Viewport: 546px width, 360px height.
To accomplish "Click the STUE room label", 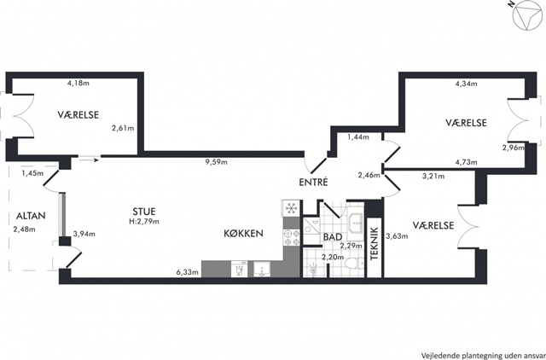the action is tap(144, 212).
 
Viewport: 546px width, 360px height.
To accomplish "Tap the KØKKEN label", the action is tap(243, 233).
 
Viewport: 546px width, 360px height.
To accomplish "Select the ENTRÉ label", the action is tap(313, 182).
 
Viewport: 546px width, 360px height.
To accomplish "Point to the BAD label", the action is tap(333, 237).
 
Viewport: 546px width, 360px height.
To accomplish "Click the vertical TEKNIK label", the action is tap(375, 244).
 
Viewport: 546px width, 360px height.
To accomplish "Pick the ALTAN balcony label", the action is tap(31, 216).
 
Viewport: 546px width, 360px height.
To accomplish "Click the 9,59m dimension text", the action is tap(216, 162).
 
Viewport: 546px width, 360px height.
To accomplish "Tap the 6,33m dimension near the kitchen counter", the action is tap(188, 272).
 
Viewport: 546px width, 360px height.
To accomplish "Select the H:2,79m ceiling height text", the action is tap(144, 221).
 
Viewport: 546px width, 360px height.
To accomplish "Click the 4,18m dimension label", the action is tap(78, 83).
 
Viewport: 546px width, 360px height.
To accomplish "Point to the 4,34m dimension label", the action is tap(467, 84).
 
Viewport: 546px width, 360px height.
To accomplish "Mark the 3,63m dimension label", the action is tap(397, 236).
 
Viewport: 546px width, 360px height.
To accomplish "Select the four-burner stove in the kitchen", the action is tap(292, 237).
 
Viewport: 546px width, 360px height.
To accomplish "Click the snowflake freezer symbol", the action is tap(291, 208).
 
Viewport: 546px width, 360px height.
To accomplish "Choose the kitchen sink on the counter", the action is tap(262, 270).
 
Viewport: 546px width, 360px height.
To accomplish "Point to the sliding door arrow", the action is tap(90, 160).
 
